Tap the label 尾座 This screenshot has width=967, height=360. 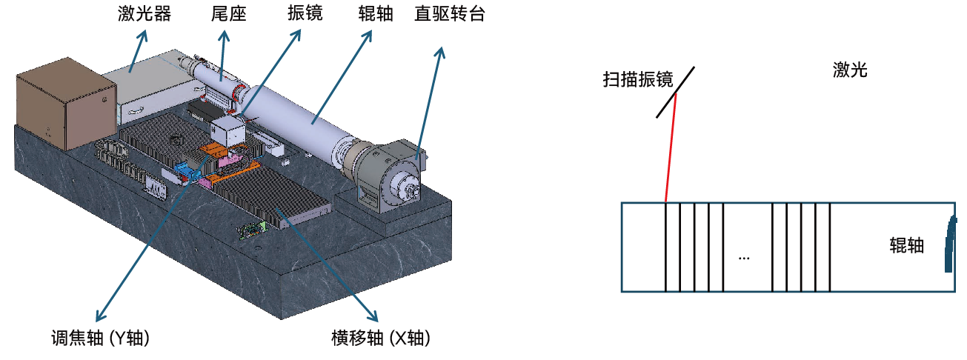point(225,14)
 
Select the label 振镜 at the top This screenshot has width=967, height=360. point(305,14)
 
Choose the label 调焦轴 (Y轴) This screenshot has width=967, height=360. point(99,339)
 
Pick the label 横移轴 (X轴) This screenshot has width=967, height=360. point(379,339)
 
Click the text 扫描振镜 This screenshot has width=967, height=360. point(637,80)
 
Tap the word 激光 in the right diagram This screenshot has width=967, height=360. point(849,70)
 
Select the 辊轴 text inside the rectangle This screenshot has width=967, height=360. point(906,246)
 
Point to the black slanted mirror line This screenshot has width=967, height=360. point(675,93)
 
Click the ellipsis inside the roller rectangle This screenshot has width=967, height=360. point(744,258)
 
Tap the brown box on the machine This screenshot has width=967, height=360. point(66,107)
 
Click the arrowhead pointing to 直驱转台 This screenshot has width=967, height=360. point(442,51)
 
